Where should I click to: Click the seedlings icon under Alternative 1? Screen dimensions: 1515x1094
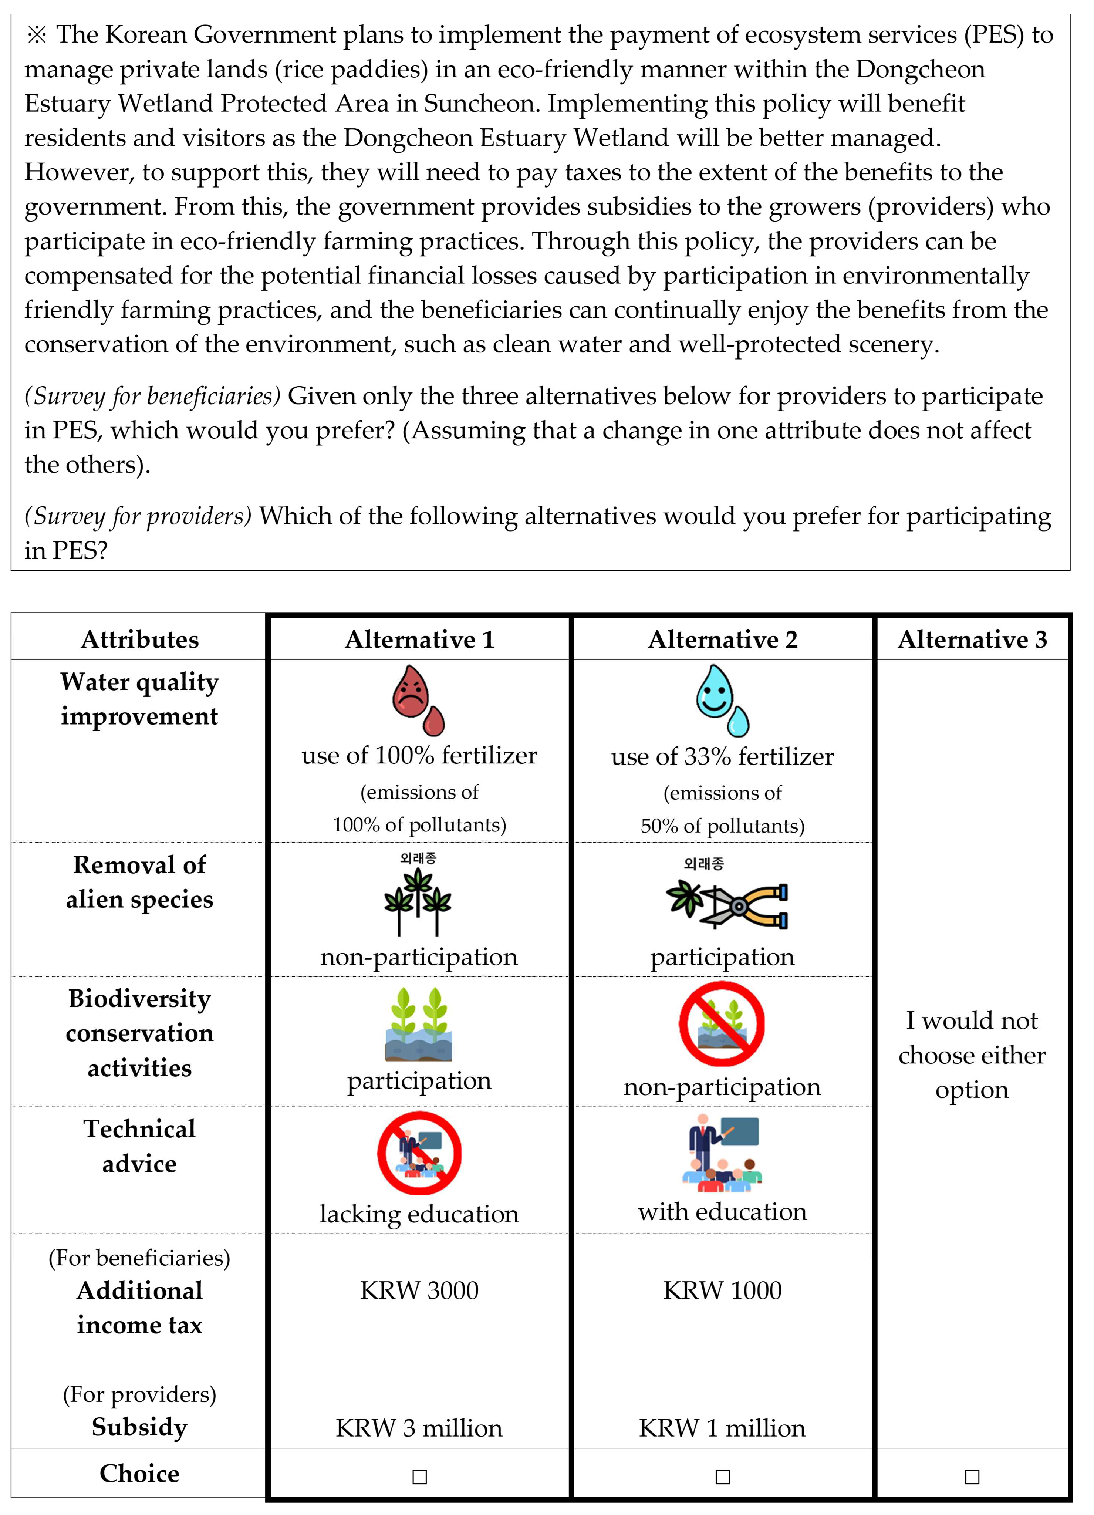pos(419,1024)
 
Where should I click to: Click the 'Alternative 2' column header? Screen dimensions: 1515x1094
pos(723,639)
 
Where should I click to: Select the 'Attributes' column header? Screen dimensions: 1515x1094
pos(139,639)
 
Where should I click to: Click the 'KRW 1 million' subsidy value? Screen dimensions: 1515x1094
pos(723,1427)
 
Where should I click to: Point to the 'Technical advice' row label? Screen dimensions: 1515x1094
pos(139,1145)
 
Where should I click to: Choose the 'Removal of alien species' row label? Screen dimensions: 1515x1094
pos(139,882)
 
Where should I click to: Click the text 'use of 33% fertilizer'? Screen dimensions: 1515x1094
pos(723,756)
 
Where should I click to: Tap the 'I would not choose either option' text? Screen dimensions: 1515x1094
pos(972,1055)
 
